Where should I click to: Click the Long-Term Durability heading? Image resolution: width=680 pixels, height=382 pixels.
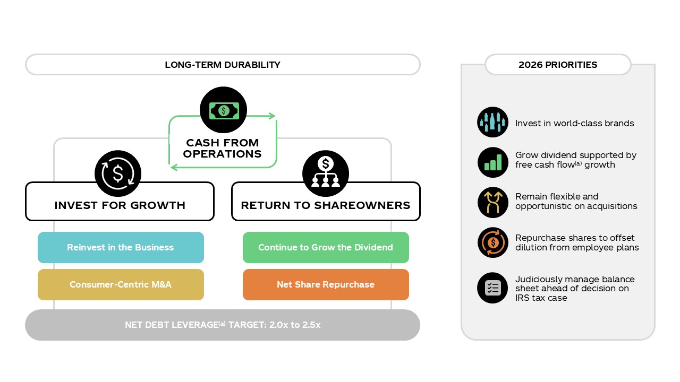coord(223,65)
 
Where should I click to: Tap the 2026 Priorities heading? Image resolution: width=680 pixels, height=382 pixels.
coord(558,65)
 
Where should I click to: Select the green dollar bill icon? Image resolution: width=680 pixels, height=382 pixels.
coord(224,110)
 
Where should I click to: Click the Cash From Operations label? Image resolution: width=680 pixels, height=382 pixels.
coord(224,149)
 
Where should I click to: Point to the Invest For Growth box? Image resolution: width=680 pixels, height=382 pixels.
coord(120,205)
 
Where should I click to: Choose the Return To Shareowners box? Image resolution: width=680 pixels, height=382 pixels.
coord(326,205)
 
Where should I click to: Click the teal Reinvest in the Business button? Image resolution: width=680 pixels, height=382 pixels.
coord(121,247)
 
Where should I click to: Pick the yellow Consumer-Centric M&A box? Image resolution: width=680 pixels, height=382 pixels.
coord(121,284)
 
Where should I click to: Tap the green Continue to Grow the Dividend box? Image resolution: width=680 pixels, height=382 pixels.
coord(326,247)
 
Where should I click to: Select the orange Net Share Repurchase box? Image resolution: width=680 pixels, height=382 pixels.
coord(326,284)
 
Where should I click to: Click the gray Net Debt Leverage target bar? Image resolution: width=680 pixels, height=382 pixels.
coord(223,325)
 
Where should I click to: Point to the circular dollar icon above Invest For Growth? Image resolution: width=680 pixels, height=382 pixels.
coord(118,173)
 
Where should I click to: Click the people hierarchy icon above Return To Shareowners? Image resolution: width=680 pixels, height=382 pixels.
coord(326,173)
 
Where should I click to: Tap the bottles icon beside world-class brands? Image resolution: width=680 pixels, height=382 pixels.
coord(492,123)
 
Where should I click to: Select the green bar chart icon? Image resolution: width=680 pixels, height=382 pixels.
coord(492,162)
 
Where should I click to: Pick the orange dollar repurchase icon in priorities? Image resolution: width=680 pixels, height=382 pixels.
coord(492,243)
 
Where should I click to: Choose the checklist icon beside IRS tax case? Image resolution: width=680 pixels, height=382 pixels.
coord(492,288)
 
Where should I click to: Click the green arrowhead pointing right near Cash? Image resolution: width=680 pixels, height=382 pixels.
coord(272,116)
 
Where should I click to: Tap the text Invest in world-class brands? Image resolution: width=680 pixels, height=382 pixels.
coord(574,123)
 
